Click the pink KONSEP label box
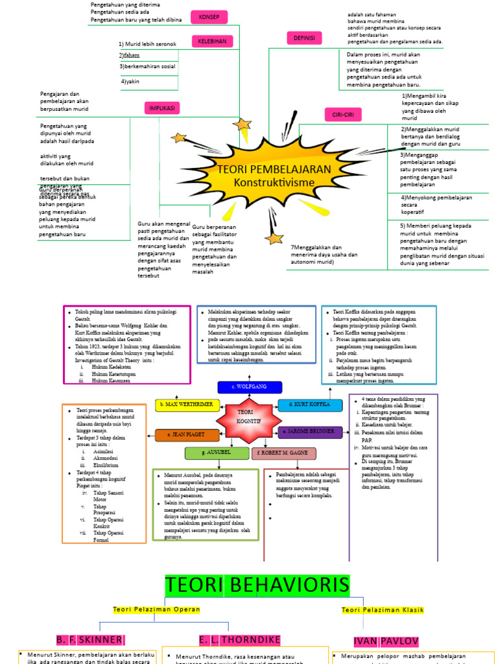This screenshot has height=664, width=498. click(x=209, y=17)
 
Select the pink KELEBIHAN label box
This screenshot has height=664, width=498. click(x=211, y=41)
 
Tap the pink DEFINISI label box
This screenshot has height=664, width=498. click(x=304, y=38)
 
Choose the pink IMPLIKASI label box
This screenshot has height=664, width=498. click(x=162, y=108)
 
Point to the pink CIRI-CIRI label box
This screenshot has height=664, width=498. click(x=342, y=115)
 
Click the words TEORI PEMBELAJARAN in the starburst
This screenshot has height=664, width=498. click(x=274, y=169)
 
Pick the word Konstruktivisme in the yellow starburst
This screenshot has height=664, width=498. click(x=274, y=182)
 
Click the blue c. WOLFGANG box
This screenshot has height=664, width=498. click(x=250, y=387)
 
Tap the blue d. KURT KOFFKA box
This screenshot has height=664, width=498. click(x=310, y=406)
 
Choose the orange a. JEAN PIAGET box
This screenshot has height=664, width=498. click(x=187, y=435)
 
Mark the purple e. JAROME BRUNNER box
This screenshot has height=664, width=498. click(x=310, y=431)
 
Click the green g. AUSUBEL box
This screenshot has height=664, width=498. click(x=217, y=453)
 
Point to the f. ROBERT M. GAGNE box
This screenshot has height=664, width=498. click(x=284, y=453)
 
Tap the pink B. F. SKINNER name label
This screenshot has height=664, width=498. click(x=89, y=639)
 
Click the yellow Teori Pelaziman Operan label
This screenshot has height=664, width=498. click(x=157, y=610)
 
